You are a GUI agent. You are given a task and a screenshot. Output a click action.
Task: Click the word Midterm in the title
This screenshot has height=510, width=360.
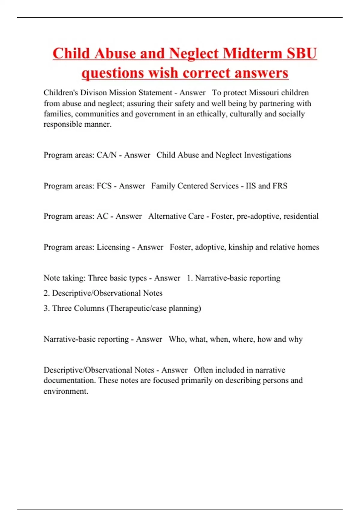(x=252, y=53)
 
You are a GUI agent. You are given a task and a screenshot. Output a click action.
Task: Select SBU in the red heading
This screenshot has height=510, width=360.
(x=302, y=53)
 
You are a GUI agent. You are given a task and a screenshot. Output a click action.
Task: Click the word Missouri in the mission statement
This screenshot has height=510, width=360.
(x=264, y=92)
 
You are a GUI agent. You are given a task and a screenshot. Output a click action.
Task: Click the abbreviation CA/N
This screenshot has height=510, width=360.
(x=106, y=155)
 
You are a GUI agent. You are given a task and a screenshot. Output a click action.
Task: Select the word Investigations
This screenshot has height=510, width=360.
(x=267, y=155)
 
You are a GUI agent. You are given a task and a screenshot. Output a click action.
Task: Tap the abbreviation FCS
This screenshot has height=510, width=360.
(x=104, y=186)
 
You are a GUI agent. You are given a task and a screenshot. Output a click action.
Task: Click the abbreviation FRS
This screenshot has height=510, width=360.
(x=280, y=186)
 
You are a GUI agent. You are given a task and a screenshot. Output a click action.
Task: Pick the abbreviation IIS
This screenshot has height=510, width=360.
(x=251, y=186)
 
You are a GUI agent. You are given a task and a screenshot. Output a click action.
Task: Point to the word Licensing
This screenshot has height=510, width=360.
(x=113, y=247)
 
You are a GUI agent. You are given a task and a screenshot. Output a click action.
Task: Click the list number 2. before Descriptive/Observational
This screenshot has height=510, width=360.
(x=46, y=293)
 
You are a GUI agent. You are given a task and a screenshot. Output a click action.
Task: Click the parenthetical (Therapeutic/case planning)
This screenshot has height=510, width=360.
(x=154, y=308)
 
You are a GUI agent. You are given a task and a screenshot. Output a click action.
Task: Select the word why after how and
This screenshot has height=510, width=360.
(x=295, y=339)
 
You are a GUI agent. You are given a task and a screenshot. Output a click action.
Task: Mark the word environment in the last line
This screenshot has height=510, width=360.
(x=65, y=391)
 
